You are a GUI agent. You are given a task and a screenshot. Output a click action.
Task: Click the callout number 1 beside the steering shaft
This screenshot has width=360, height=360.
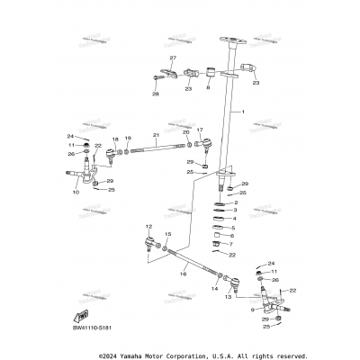(242, 111)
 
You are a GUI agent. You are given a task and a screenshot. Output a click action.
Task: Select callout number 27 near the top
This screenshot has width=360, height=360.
(174, 58)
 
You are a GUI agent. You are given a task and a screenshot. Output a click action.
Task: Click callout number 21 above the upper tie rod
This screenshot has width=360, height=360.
(156, 135)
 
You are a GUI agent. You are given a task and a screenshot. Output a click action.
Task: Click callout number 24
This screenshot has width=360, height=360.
(72, 137)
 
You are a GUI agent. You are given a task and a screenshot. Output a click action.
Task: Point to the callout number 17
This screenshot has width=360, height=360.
(200, 130)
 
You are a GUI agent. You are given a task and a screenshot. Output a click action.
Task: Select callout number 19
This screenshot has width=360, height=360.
(128, 139)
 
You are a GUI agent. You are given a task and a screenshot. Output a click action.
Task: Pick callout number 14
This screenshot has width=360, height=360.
(214, 289)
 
